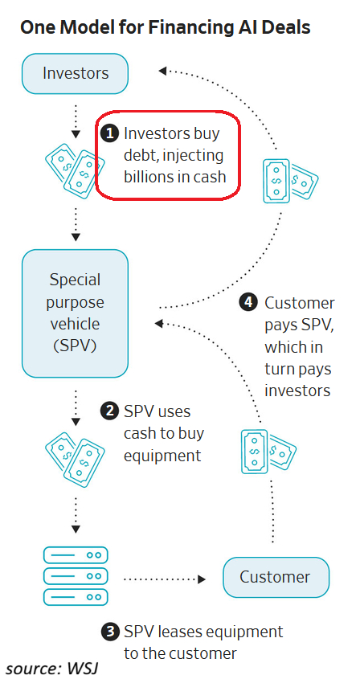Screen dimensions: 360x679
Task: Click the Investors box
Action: point(75,74)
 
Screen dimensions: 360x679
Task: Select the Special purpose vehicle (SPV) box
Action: point(75,313)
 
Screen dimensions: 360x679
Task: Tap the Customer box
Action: point(276,577)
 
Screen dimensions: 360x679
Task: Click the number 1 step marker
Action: point(109,133)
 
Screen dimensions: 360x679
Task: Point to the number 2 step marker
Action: point(109,411)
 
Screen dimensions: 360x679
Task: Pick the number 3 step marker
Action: point(109,632)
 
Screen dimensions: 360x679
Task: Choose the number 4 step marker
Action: point(247,302)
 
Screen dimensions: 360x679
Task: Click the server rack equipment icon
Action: point(76,575)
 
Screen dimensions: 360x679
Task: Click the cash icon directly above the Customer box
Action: point(268,451)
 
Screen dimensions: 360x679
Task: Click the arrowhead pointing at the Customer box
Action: point(201,579)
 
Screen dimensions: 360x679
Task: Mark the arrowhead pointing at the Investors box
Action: point(163,70)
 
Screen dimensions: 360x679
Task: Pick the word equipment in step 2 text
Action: point(162,456)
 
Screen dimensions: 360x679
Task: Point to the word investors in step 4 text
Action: point(297,391)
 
